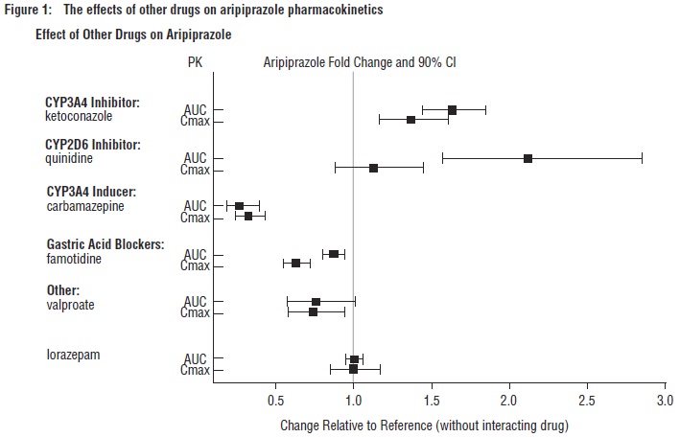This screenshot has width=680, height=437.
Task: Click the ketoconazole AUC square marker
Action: (x=452, y=110)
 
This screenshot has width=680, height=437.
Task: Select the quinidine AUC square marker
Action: (x=528, y=158)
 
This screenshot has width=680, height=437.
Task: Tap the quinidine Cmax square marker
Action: (x=373, y=168)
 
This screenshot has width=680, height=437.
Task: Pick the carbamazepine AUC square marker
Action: (x=240, y=206)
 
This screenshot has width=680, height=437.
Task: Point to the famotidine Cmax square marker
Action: (x=295, y=263)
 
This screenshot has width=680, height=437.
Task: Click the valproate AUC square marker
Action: (x=316, y=302)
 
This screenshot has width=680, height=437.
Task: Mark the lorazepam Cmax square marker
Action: (x=353, y=369)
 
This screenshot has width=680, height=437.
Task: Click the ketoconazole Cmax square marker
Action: (x=410, y=120)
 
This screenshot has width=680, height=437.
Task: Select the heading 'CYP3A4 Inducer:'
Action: (x=92, y=192)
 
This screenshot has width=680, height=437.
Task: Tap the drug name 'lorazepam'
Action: (x=74, y=355)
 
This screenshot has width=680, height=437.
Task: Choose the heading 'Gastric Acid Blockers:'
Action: (x=106, y=244)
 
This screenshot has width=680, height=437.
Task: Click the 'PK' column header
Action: (x=195, y=62)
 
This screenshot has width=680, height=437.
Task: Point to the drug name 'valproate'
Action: (x=73, y=305)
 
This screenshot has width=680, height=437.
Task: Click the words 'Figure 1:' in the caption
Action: (x=28, y=10)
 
